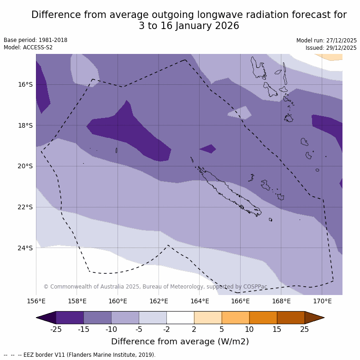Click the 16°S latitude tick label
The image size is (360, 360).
pyautogui.click(x=25, y=84)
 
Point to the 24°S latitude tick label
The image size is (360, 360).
pyautogui.click(x=25, y=248)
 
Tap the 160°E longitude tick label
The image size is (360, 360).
pyautogui.click(x=118, y=301)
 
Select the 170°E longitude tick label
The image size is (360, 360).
pyautogui.click(x=322, y=301)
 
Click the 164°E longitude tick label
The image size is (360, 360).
pyautogui.click(x=200, y=301)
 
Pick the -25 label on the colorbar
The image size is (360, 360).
pyautogui.click(x=56, y=329)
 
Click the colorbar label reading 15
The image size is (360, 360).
pyautogui.click(x=277, y=329)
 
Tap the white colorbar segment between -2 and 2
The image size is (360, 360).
pyautogui.click(x=180, y=318)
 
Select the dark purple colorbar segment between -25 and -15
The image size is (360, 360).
pyautogui.click(x=70, y=318)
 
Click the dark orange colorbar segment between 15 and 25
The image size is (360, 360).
pyautogui.click(x=291, y=318)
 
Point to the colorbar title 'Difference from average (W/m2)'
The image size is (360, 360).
pyautogui.click(x=180, y=342)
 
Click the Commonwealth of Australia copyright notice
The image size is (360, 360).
pyautogui.click(x=155, y=287)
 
